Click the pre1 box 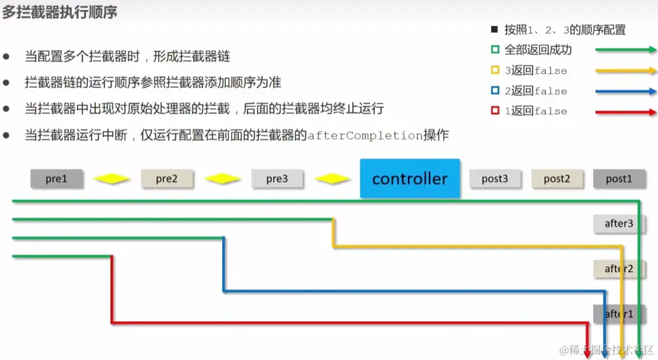[x=56, y=179]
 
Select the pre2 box [x=167, y=179]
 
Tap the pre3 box [x=277, y=179]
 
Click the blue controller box [x=410, y=178]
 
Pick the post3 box [x=495, y=179]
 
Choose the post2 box [x=556, y=179]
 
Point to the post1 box [x=619, y=179]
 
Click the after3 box [x=619, y=223]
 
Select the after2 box [x=619, y=269]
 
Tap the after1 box [x=619, y=314]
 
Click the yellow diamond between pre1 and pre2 [x=112, y=179]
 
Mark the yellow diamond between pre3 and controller [x=332, y=179]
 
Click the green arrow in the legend [x=626, y=50]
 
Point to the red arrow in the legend [x=626, y=112]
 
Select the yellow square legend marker [x=495, y=71]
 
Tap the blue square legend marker [x=495, y=91]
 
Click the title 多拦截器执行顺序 [x=59, y=12]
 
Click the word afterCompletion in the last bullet [x=365, y=135]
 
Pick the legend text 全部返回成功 [x=538, y=50]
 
